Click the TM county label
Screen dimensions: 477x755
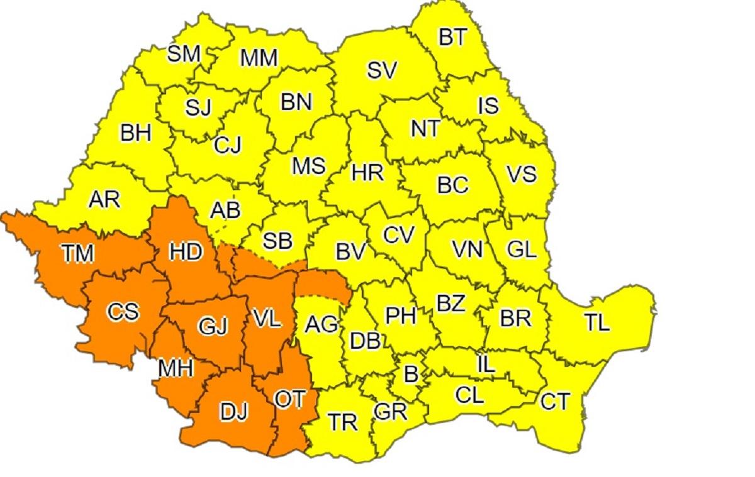78,253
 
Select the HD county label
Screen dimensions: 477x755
186,252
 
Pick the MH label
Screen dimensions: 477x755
175,369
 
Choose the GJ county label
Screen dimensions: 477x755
211,326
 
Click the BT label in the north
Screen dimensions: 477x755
453,38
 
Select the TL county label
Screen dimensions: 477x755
596,323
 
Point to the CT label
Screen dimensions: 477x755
555,401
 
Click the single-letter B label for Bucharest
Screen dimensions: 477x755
411,375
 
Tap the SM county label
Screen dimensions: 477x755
184,54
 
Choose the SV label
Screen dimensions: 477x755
382,71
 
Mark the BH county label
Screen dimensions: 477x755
136,133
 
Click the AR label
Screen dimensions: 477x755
104,199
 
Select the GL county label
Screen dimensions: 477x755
522,250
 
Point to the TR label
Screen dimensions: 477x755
343,422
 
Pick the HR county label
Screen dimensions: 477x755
367,172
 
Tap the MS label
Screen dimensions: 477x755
308,166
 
